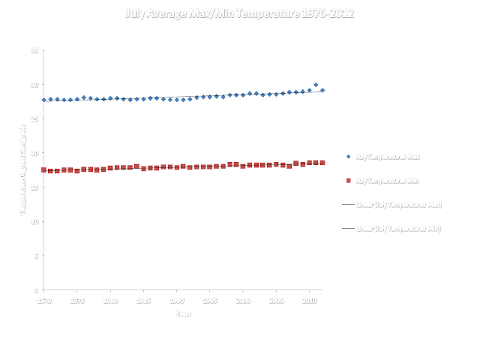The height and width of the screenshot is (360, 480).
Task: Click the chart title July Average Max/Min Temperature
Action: pos(240,13)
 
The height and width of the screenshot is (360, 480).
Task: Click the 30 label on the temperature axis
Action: pos(35,85)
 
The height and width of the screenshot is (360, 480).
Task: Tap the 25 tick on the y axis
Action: pos(35,118)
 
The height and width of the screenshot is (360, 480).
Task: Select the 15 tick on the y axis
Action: pos(35,187)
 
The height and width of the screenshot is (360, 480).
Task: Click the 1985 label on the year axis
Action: pos(143,300)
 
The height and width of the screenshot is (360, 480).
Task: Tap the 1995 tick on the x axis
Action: pos(209,300)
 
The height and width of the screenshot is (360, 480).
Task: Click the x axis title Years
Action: pos(183,313)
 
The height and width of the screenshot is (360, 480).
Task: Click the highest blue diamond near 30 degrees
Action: pos(316,85)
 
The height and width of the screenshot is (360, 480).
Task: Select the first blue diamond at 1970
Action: pos(43,100)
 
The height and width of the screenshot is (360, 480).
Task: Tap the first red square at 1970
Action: pos(43,170)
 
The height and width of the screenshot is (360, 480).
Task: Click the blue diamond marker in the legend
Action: pos(347,157)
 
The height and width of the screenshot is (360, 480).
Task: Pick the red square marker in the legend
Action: pos(347,180)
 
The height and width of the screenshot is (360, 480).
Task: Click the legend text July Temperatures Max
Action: pos(387,157)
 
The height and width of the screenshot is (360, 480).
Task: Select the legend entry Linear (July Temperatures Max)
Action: pos(398,203)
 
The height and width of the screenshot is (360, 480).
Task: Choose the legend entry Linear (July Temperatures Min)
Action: pos(397,226)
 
